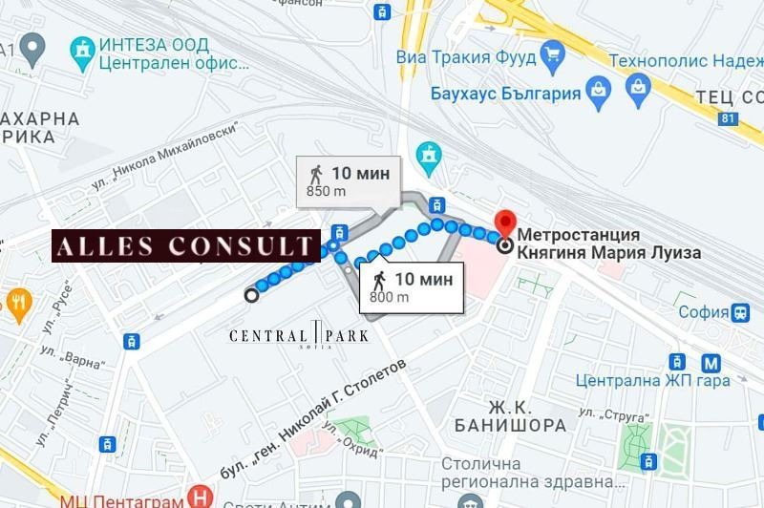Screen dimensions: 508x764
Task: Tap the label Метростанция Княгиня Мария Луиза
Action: tap(608, 243)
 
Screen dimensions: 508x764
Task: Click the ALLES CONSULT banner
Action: tap(185, 246)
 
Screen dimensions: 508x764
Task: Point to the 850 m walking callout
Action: tap(348, 180)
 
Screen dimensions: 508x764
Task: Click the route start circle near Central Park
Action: tap(251, 295)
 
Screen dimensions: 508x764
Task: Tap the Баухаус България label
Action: tap(505, 94)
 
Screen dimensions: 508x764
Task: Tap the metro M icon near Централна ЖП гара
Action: tap(711, 363)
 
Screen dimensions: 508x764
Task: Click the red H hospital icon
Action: tap(200, 497)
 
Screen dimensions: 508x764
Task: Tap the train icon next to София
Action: tap(740, 311)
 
